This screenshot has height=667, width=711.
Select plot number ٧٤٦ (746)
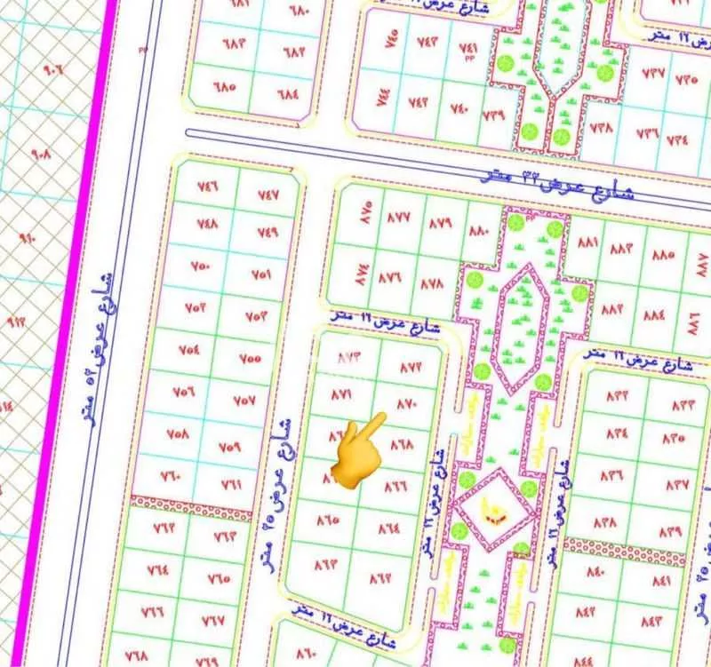(x=207, y=188)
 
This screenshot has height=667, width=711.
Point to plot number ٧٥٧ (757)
(x=244, y=400)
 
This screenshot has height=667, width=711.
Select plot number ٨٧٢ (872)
(x=411, y=366)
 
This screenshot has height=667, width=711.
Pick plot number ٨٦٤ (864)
(x=389, y=527)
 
